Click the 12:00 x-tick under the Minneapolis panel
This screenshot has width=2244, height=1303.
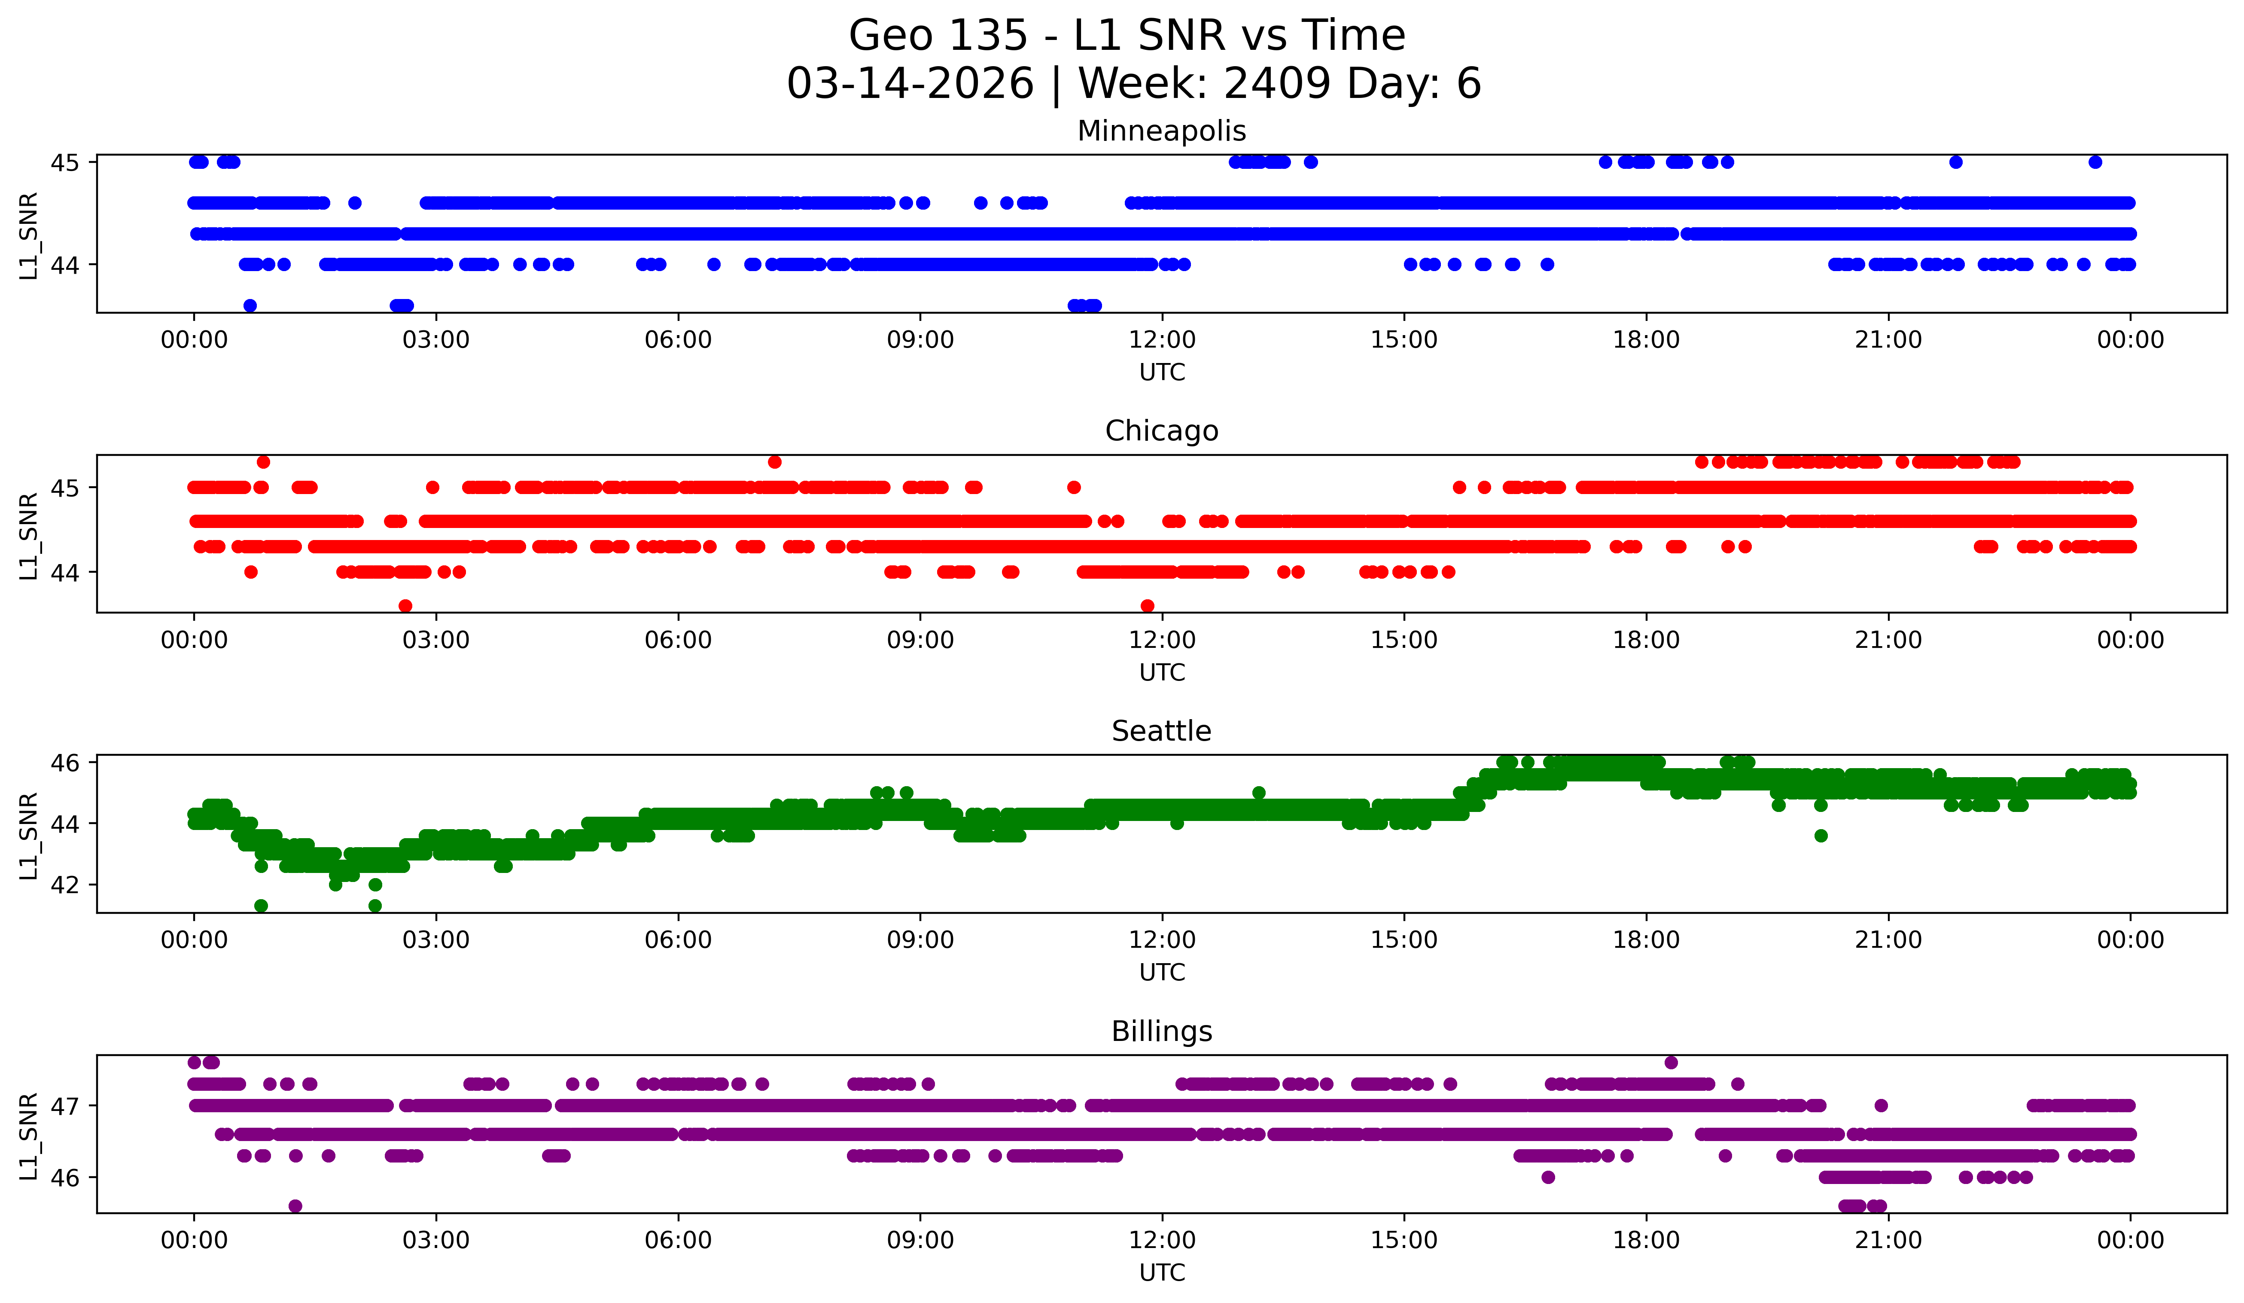coord(1162,340)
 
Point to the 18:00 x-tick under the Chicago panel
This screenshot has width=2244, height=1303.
coord(1646,641)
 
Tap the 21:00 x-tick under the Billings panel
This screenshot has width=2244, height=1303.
coord(1888,1241)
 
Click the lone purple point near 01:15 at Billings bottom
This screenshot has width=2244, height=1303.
coord(295,1206)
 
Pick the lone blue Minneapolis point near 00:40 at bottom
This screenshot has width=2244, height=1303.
coord(250,305)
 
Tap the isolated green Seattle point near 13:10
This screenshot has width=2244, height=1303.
coord(1258,793)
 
